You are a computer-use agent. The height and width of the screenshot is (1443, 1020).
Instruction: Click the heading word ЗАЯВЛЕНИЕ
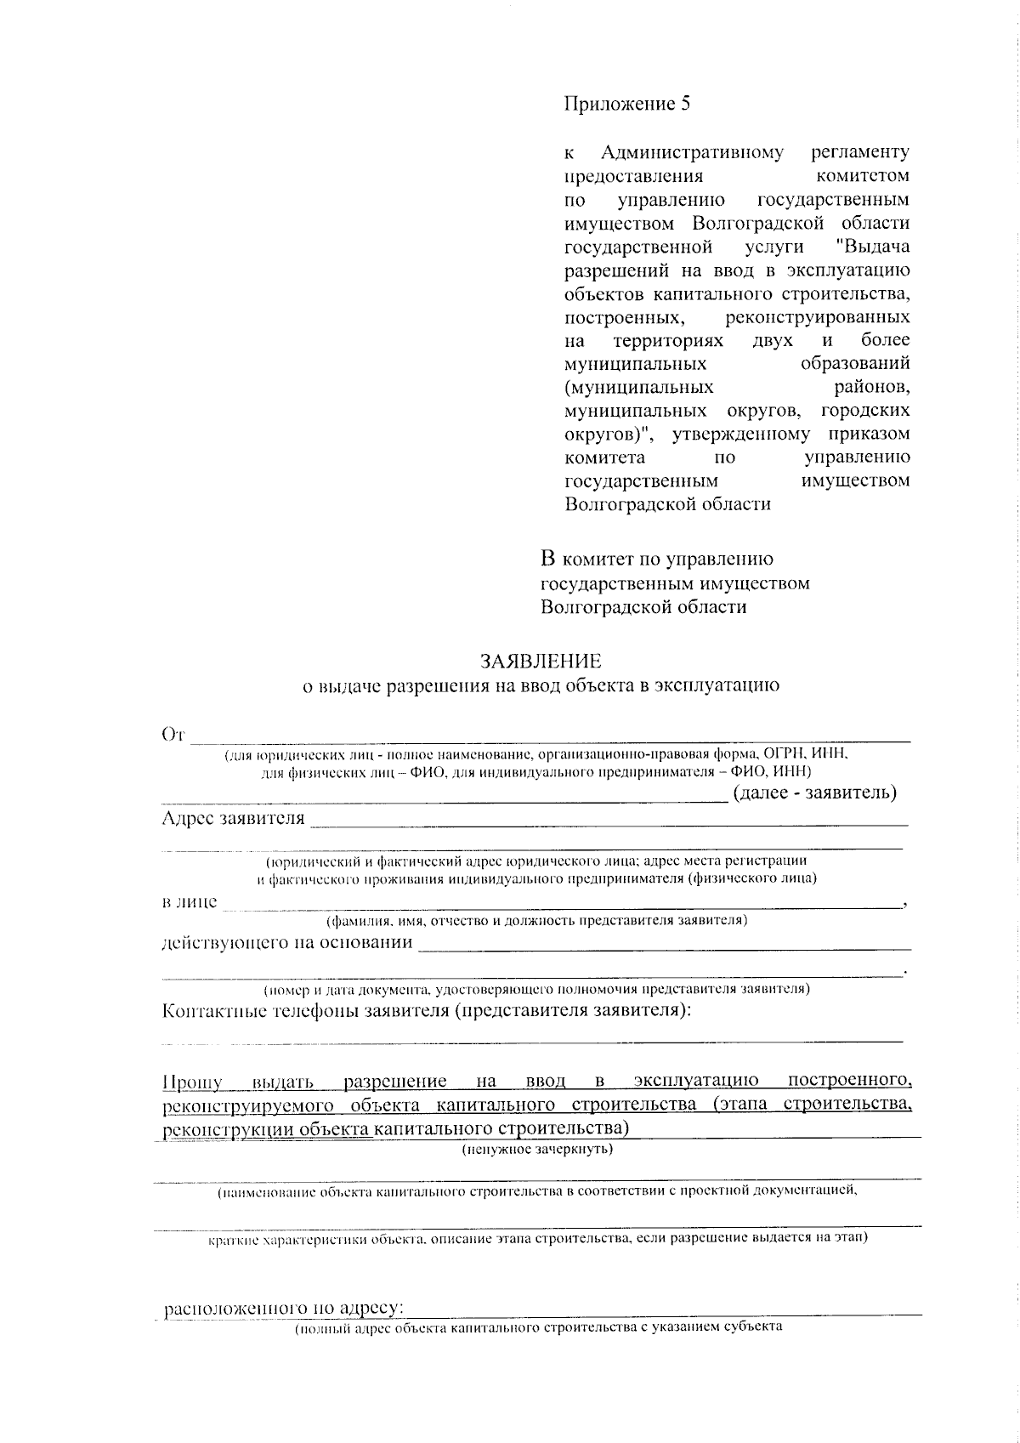541,661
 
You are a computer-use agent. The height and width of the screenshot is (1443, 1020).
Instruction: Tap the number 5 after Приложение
684,105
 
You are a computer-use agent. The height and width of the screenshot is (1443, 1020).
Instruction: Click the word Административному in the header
692,153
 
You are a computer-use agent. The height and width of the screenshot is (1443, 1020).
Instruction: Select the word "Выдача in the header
873,247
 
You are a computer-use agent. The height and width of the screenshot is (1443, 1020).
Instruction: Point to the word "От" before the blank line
173,735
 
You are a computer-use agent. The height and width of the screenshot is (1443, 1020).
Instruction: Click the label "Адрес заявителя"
233,819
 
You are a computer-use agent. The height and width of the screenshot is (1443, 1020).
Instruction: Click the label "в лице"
190,902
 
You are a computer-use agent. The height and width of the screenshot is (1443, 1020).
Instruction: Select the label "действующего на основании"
287,943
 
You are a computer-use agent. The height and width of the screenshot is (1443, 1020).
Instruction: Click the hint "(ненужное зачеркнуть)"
537,1150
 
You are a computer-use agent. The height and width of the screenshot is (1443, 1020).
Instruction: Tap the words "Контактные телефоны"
258,1011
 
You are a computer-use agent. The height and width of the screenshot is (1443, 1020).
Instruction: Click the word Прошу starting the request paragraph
192,1082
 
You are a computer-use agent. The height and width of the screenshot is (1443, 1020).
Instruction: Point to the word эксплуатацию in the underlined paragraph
696,1082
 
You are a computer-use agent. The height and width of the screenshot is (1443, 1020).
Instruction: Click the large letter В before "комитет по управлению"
548,560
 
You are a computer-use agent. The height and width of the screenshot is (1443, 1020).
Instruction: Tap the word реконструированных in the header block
819,318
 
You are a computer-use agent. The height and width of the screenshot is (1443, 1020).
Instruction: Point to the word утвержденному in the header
741,435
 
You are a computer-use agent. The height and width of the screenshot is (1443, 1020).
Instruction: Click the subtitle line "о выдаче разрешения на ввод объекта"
541,685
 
